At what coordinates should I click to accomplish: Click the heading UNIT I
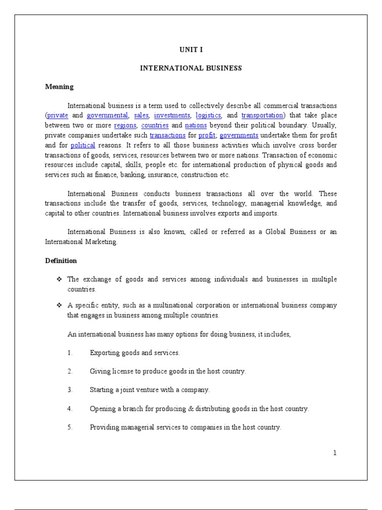[191, 50]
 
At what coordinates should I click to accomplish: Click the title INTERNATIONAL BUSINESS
[191, 68]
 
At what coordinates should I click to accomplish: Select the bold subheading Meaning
[59, 87]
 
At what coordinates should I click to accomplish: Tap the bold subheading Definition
[61, 260]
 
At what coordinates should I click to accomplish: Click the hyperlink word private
[58, 115]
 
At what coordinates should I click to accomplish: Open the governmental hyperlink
[107, 115]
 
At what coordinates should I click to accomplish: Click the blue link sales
[141, 115]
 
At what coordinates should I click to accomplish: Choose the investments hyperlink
[172, 115]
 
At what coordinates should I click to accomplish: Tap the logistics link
[208, 115]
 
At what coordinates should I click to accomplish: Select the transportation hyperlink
[262, 115]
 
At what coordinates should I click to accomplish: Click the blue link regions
[125, 125]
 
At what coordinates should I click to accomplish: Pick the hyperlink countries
[155, 125]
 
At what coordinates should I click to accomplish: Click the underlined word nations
[195, 125]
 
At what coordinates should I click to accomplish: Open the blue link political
[83, 145]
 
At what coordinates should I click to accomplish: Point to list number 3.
[70, 389]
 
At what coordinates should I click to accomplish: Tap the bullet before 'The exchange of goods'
[59, 279]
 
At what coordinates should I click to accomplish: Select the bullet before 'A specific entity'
[59, 305]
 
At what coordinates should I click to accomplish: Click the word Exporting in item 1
[104, 353]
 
